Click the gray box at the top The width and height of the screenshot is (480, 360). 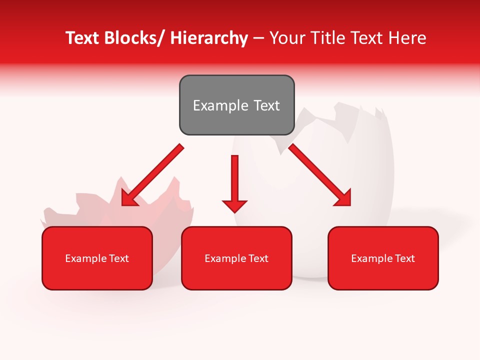(236, 105)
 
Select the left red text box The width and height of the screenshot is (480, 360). (97, 258)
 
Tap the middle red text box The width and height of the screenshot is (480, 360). (236, 258)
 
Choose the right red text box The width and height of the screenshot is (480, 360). (383, 258)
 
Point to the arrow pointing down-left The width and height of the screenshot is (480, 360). (152, 175)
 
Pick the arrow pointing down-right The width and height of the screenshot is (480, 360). (320, 175)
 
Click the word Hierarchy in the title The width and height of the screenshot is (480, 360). (209, 38)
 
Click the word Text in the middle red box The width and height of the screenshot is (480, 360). (256, 258)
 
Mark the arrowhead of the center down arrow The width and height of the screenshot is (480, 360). (234, 206)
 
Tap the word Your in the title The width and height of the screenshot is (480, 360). (287, 38)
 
